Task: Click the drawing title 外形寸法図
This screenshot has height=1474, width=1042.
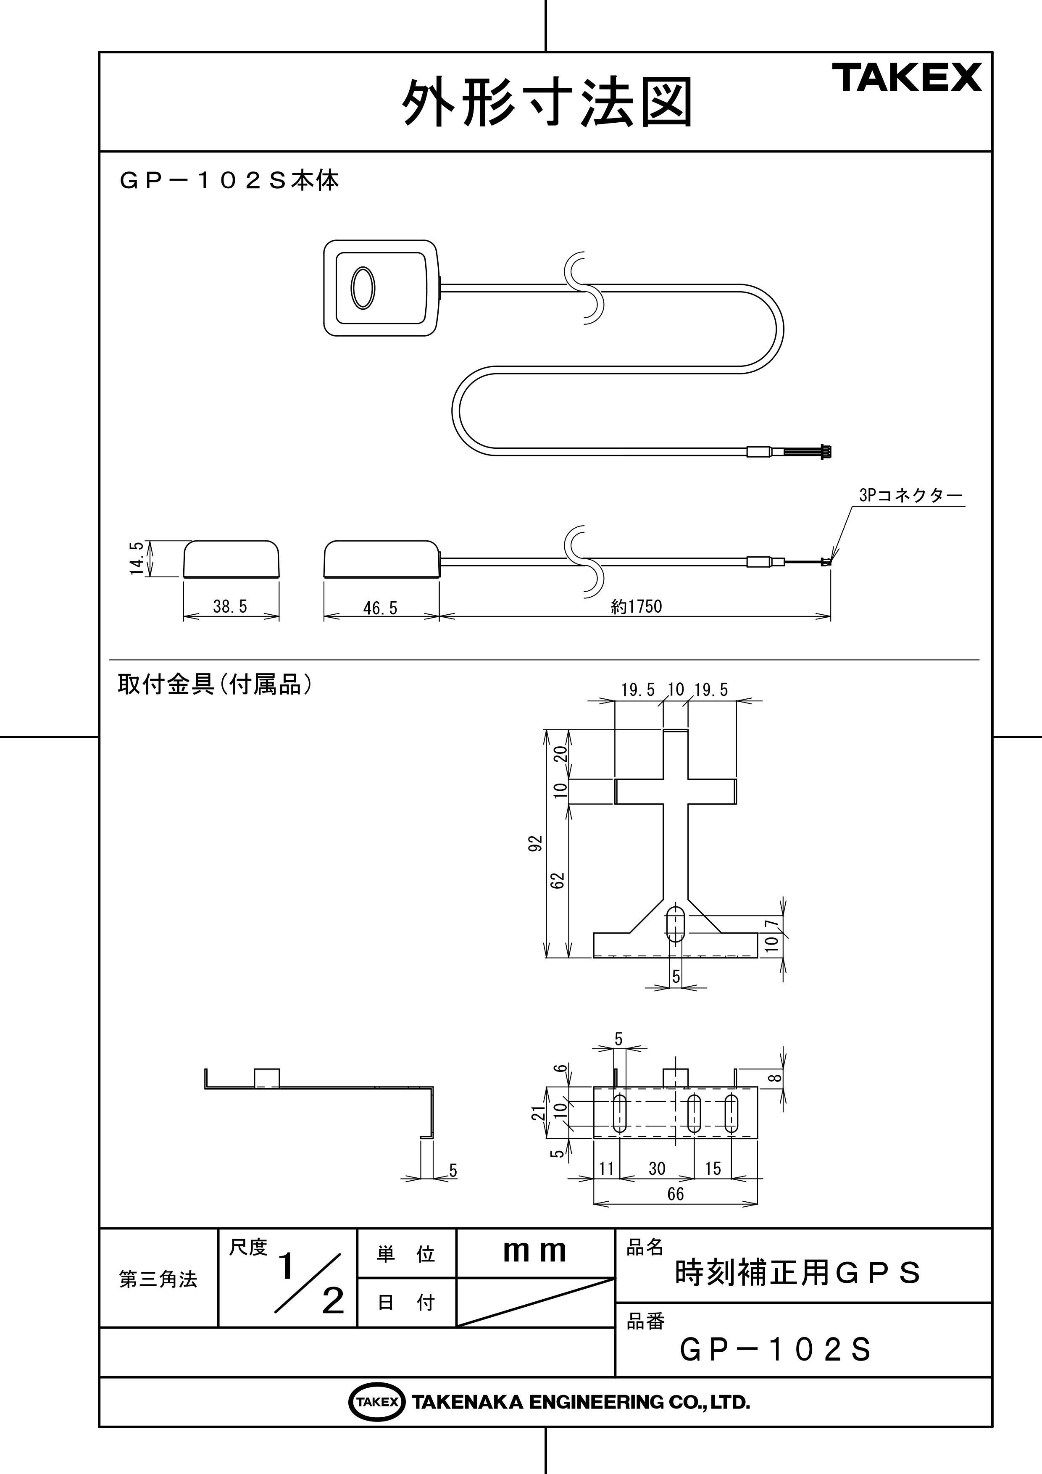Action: pos(547,103)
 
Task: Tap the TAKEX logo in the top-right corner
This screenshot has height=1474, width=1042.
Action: pos(907,78)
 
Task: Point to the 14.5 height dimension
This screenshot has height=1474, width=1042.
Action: pos(136,558)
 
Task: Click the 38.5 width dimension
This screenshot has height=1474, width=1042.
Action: pos(230,606)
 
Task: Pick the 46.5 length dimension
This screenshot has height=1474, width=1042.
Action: pos(380,607)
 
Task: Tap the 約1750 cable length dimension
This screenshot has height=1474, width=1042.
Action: pos(636,606)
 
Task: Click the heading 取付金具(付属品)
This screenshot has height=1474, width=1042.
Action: pos(215,684)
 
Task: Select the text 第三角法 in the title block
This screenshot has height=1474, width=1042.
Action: pos(158,1279)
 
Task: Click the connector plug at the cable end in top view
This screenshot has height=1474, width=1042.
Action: pos(826,453)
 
